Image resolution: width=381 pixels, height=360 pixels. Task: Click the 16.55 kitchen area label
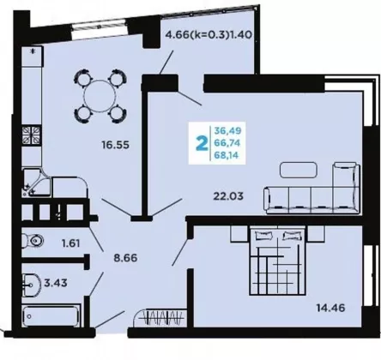[116, 145]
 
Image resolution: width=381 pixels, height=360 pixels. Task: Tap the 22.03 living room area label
[228, 196]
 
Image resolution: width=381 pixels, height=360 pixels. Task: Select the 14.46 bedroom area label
[330, 308]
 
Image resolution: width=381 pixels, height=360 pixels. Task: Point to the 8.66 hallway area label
[125, 258]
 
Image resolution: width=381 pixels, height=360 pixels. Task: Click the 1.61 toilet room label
[70, 243]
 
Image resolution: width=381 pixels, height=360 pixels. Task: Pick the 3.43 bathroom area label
[56, 283]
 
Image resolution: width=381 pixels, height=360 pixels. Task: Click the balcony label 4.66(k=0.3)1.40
[209, 35]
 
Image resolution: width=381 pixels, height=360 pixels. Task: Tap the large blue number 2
[202, 143]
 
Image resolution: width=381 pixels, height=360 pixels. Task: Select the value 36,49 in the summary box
[228, 130]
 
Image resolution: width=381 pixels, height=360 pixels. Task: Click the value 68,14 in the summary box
[227, 155]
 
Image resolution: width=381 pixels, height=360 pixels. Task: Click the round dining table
[100, 96]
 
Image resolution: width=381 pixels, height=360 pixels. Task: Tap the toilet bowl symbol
[33, 241]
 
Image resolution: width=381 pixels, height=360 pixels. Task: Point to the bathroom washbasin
[32, 285]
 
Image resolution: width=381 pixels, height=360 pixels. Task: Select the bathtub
[51, 316]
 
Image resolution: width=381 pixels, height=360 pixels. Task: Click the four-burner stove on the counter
[32, 135]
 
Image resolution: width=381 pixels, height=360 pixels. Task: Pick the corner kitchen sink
[37, 183]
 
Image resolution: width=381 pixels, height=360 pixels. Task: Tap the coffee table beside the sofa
[299, 170]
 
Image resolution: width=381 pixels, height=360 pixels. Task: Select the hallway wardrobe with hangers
[160, 318]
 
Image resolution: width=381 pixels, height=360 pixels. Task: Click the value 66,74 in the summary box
[227, 143]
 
